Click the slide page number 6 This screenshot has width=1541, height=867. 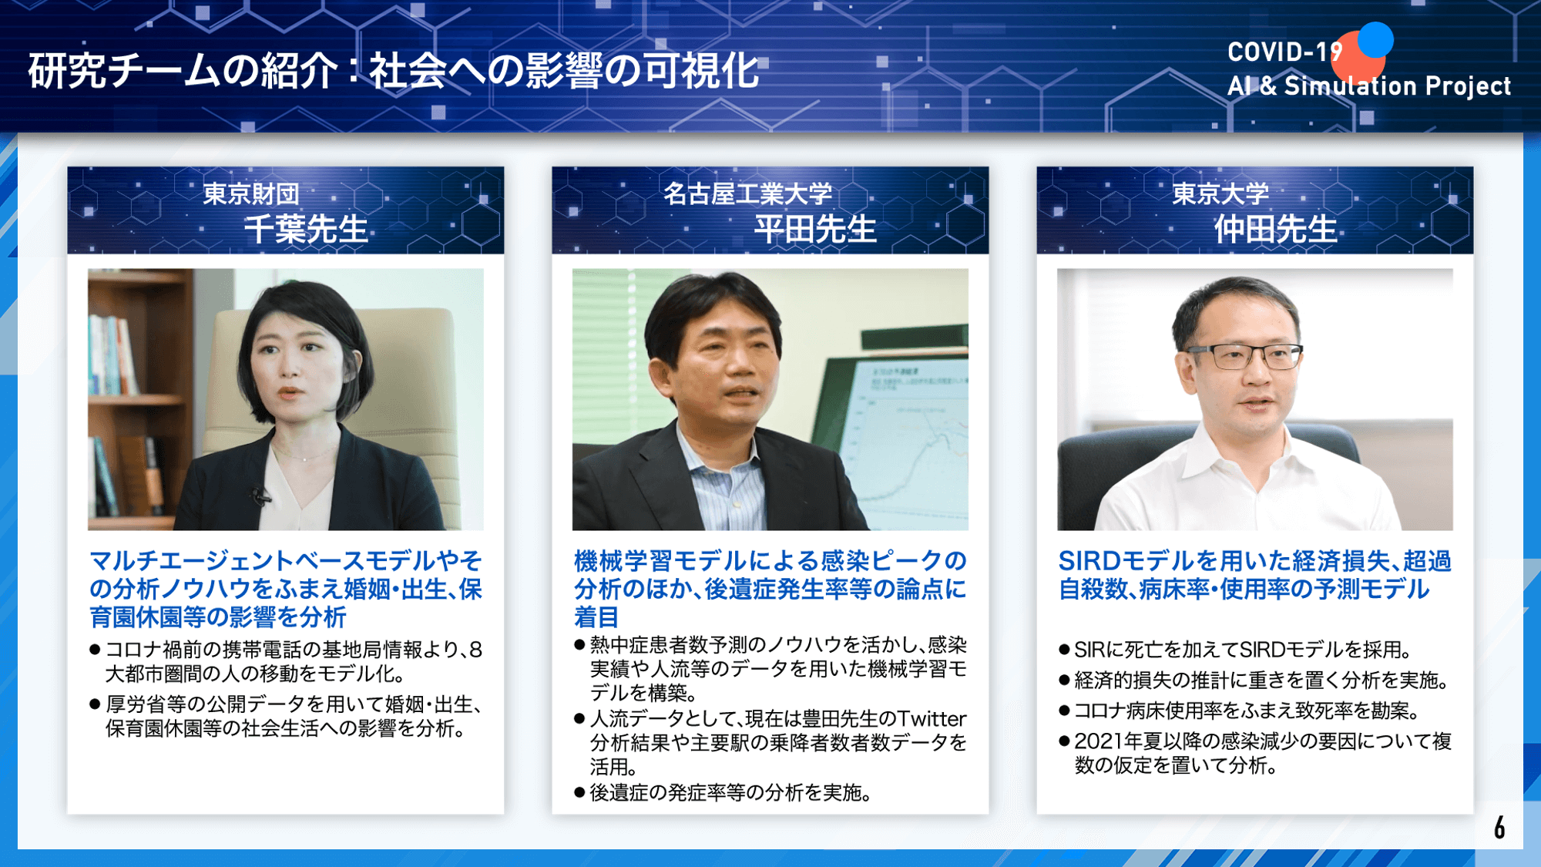[1499, 827]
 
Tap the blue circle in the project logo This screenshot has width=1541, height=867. [1375, 39]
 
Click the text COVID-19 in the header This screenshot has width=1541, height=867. [1285, 52]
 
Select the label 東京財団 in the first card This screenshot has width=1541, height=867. [251, 193]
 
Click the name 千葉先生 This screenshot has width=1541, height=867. [306, 229]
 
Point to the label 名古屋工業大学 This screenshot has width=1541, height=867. [747, 193]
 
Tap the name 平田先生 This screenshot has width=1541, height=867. [815, 229]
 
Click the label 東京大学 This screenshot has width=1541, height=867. [1220, 193]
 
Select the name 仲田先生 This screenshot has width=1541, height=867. [1276, 229]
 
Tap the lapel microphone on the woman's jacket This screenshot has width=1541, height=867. [260, 496]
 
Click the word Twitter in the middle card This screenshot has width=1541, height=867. [931, 718]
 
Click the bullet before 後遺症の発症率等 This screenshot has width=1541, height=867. [579, 792]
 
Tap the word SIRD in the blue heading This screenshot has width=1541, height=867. [1089, 561]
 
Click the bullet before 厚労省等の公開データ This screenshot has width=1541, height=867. [95, 704]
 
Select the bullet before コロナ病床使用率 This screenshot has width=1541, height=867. [1064, 711]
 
